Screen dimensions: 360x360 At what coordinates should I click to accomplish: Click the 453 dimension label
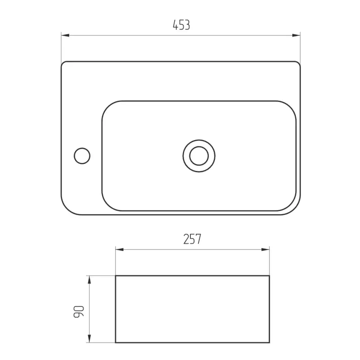point(181,25)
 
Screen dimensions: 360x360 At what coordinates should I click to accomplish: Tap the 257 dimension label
point(192,239)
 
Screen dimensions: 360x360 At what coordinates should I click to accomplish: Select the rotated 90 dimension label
point(79,312)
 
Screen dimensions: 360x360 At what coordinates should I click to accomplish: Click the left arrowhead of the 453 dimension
point(65,35)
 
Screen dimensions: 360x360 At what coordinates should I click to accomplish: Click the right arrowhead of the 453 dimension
point(296,35)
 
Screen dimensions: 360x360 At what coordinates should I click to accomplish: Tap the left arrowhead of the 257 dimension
point(119,249)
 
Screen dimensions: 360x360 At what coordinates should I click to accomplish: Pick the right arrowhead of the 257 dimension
point(265,249)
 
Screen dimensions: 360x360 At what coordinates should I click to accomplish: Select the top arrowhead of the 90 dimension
point(89,280)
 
